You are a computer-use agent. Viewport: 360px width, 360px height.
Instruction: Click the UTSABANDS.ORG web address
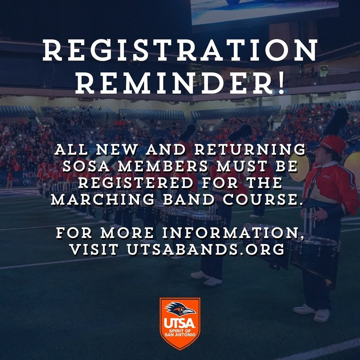coord(205,249)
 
